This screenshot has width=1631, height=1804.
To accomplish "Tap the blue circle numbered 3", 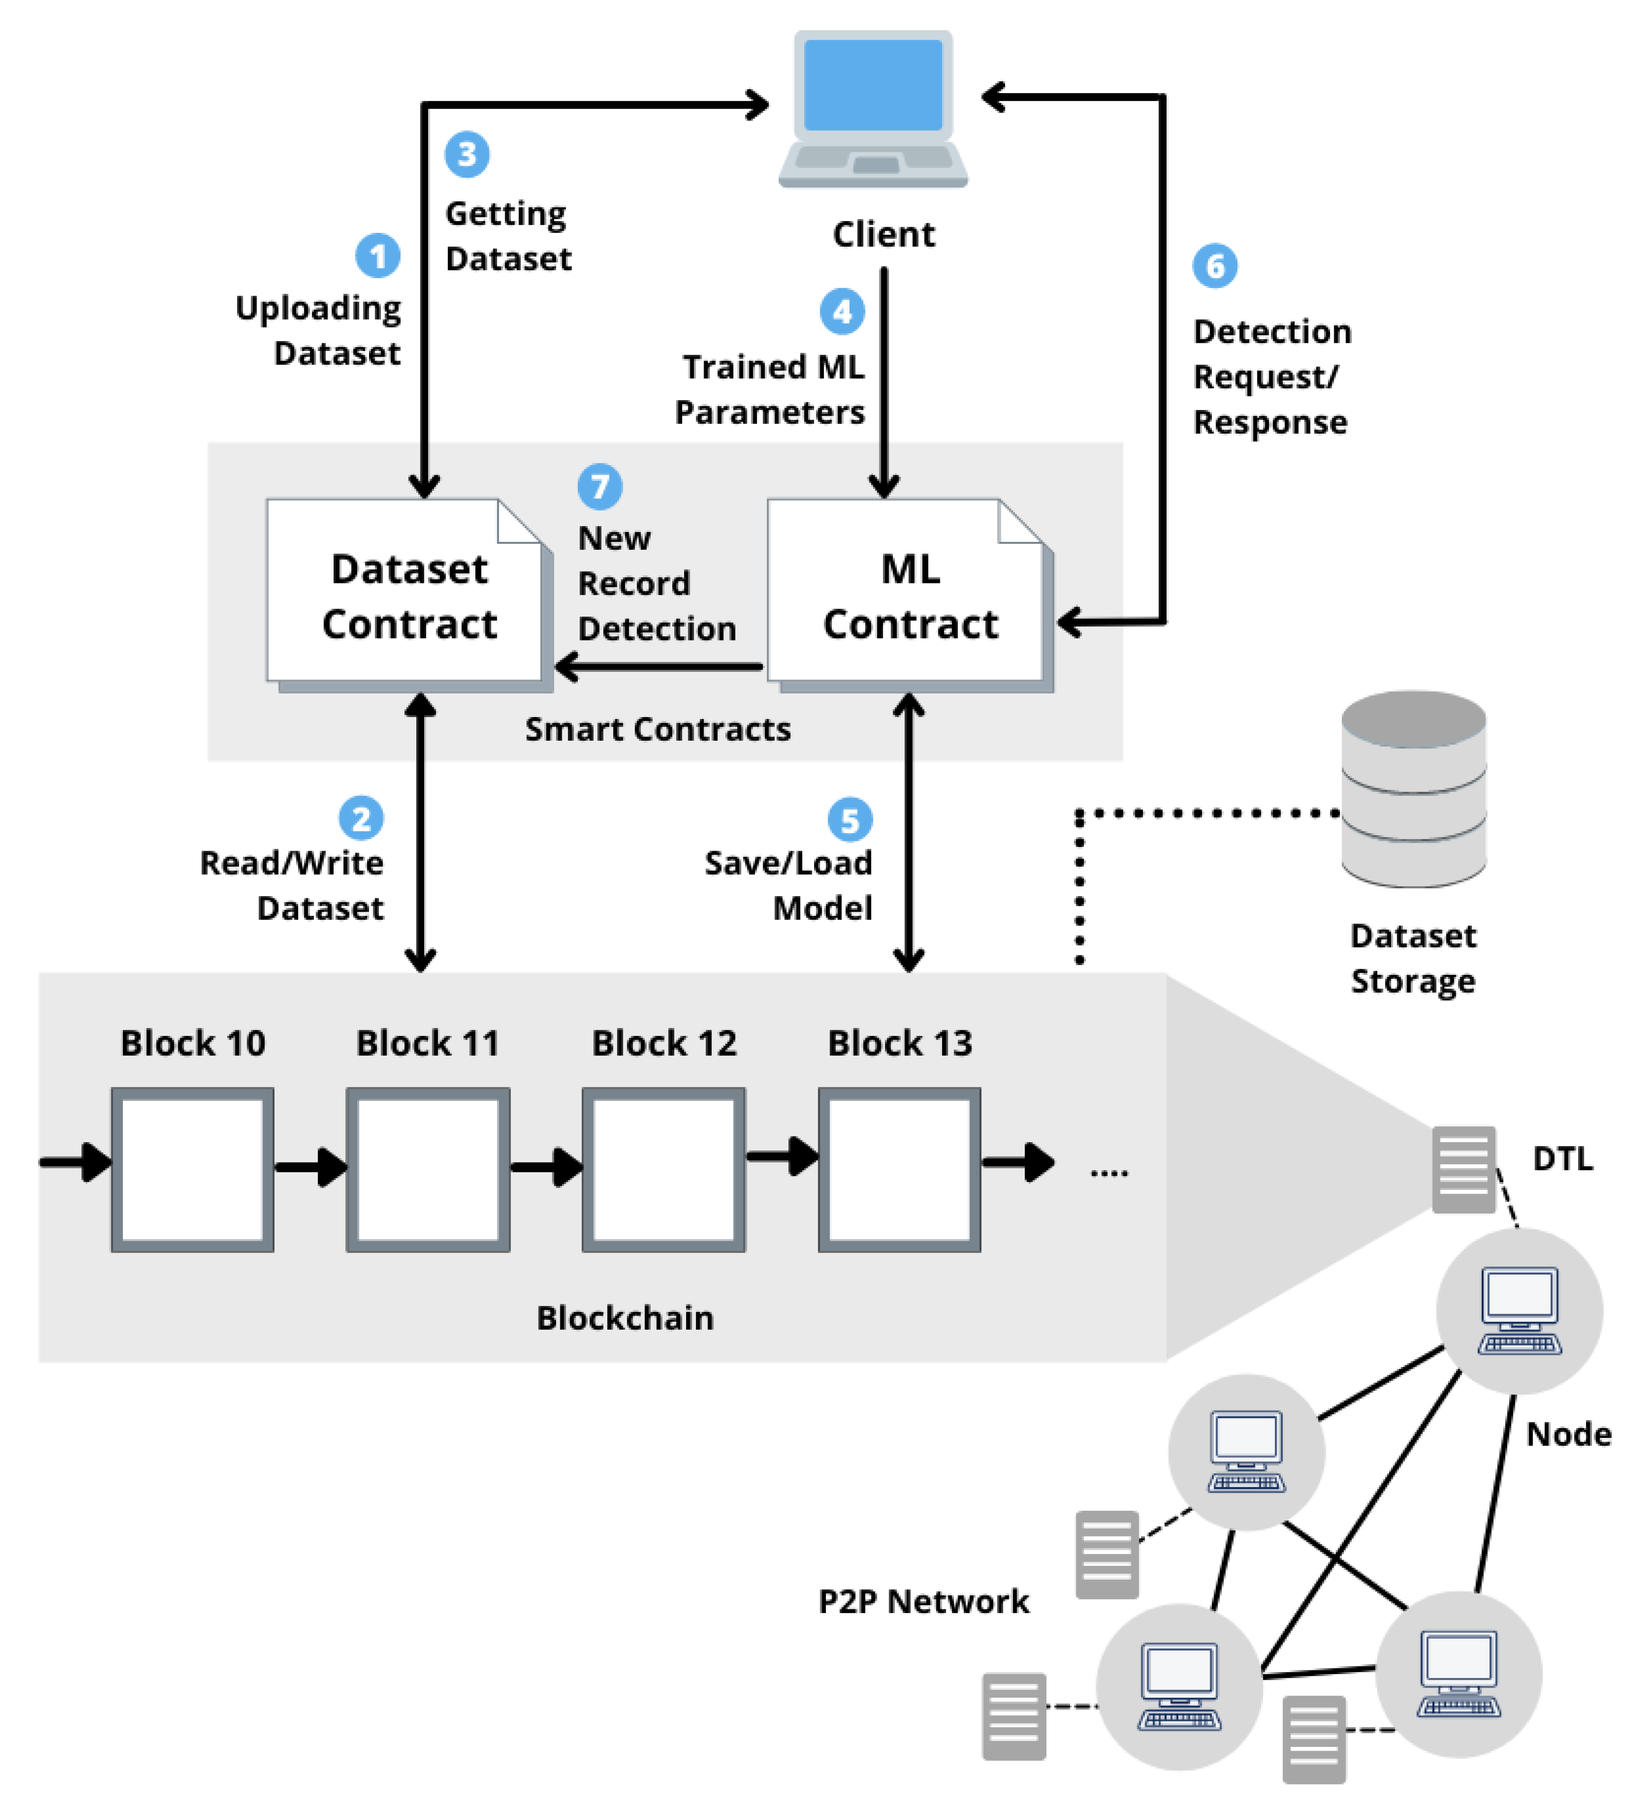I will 466,154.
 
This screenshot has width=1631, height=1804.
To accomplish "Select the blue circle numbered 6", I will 1214,266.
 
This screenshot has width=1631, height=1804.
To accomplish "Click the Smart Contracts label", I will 657,729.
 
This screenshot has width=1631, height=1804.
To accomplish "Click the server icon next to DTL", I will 1463,1169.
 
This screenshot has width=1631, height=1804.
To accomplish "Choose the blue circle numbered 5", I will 849,820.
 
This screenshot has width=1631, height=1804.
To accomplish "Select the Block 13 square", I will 899,1169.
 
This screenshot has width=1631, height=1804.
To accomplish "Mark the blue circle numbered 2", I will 361,818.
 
